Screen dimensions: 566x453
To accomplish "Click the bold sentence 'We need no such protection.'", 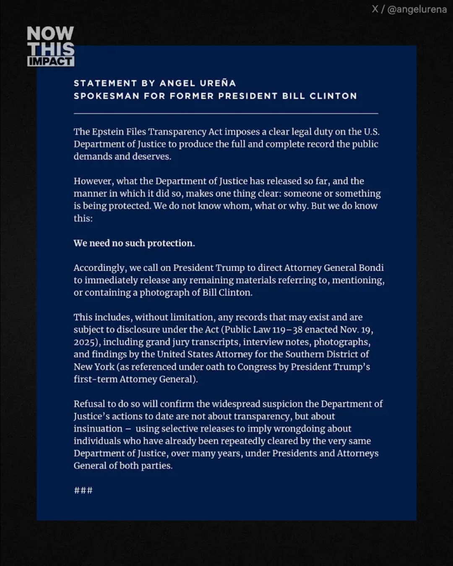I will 134,243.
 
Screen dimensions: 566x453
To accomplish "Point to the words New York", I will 94,367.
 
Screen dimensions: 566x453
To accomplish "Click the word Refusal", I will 89,404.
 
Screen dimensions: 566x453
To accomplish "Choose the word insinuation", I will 98,428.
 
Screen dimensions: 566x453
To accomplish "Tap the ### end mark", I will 83,491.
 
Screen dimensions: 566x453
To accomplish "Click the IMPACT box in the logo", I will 51,61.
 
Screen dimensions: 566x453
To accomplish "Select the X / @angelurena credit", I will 409,9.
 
